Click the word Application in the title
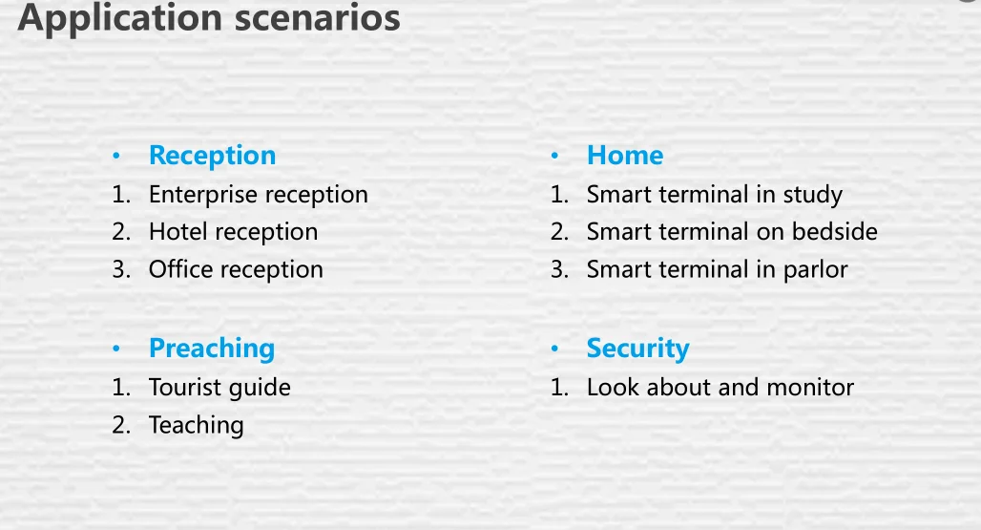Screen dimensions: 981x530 point(120,17)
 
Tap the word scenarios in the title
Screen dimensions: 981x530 point(317,17)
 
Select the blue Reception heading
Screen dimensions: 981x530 point(212,156)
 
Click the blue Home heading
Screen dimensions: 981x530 point(625,155)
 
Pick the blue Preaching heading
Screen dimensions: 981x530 point(212,349)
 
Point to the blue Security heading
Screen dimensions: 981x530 point(637,349)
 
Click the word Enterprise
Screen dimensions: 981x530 point(202,195)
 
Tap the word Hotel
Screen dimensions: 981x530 point(177,231)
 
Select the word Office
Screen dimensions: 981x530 point(180,269)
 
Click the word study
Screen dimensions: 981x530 point(813,195)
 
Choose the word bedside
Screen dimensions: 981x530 point(835,231)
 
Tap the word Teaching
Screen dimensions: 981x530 point(196,426)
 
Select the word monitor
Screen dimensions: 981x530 point(810,388)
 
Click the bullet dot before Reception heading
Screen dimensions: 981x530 point(116,156)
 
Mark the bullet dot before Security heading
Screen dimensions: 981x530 point(554,348)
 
